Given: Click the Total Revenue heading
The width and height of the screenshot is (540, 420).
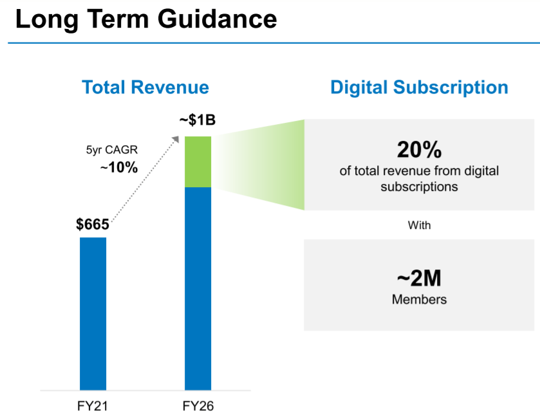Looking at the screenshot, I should click(x=145, y=87).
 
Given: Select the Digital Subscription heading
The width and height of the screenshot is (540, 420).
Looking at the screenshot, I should click(x=419, y=87).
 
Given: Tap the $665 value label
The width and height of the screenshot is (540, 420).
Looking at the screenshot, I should click(x=93, y=224).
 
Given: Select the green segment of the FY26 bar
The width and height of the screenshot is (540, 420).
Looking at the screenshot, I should click(x=198, y=161).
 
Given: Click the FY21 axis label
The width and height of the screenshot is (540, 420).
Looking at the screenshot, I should click(x=93, y=406).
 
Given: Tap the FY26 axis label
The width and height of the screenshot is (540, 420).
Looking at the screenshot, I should click(x=198, y=406).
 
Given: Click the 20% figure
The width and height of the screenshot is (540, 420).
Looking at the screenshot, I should click(x=419, y=150).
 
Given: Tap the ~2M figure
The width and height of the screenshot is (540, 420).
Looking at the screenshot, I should click(x=419, y=278).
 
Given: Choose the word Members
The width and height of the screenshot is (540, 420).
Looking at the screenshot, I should click(x=419, y=299).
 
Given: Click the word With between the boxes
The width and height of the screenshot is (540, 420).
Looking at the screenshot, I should click(x=419, y=226).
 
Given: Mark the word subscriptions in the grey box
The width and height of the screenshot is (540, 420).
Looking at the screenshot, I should click(x=419, y=187).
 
